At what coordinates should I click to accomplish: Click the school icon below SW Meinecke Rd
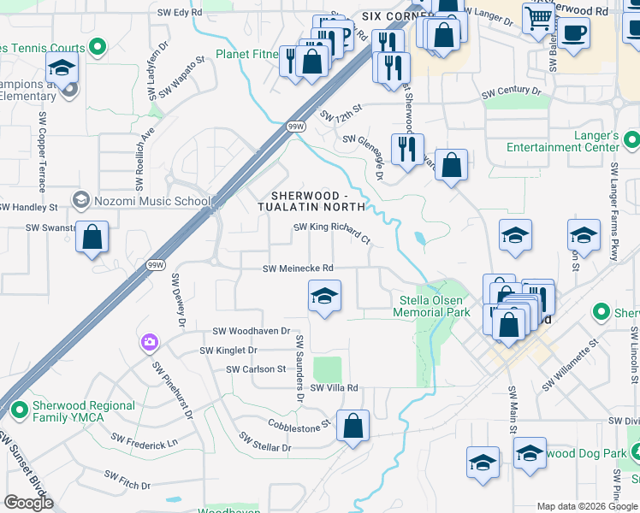[x=324, y=298]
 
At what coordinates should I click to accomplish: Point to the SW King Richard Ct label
[x=332, y=233]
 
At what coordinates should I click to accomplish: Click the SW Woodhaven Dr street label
[x=252, y=331]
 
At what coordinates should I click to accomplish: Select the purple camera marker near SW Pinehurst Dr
[x=150, y=343]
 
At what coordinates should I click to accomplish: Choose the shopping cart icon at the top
[x=539, y=18]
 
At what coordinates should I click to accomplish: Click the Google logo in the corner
[x=28, y=503]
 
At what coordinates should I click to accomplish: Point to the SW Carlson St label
[x=256, y=369]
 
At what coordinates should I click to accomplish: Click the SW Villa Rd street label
[x=334, y=388]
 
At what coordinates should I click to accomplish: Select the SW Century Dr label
[x=512, y=91]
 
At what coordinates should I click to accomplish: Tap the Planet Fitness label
[x=247, y=55]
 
